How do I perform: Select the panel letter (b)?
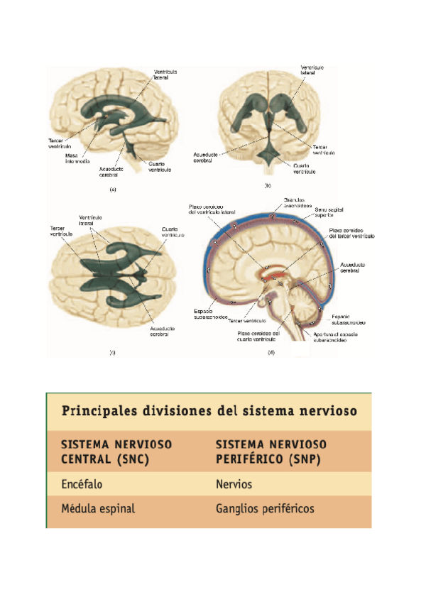click(268, 185)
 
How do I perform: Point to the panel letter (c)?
click(113, 352)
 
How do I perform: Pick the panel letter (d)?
click(270, 352)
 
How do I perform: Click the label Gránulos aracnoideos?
click(297, 204)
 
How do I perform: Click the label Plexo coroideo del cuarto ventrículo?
click(258, 336)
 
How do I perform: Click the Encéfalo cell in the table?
click(80, 485)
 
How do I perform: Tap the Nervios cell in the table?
click(234, 485)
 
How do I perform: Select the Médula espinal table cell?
click(98, 509)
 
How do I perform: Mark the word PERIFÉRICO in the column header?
click(246, 459)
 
